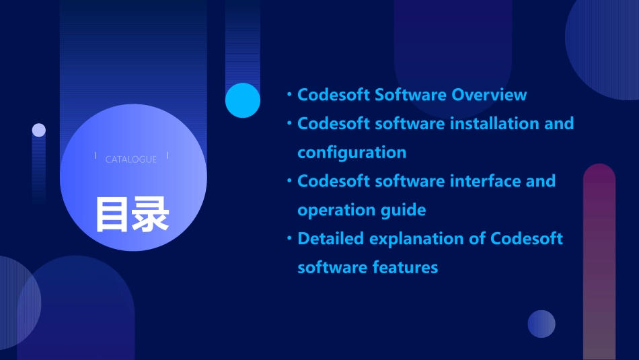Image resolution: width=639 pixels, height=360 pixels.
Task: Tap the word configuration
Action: pyautogui.click(x=352, y=153)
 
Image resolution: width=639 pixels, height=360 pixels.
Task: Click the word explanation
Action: pyautogui.click(x=425, y=239)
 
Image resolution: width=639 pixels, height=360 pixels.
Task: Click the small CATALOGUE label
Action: pyautogui.click(x=131, y=159)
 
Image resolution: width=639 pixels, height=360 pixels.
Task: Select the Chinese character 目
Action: pyautogui.click(x=112, y=215)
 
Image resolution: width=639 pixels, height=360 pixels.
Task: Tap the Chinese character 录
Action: pyautogui.click(x=151, y=215)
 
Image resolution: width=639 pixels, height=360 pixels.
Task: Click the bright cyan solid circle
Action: pyautogui.click(x=243, y=100)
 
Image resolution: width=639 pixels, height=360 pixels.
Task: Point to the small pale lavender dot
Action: pyautogui.click(x=39, y=130)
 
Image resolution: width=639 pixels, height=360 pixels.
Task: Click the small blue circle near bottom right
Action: pyautogui.click(x=541, y=324)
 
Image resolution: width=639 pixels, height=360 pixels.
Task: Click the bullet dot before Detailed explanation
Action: pyautogui.click(x=289, y=238)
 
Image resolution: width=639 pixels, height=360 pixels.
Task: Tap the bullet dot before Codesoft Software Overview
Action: pyautogui.click(x=289, y=94)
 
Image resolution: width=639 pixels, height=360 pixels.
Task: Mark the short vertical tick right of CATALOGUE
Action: pyautogui.click(x=167, y=156)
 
